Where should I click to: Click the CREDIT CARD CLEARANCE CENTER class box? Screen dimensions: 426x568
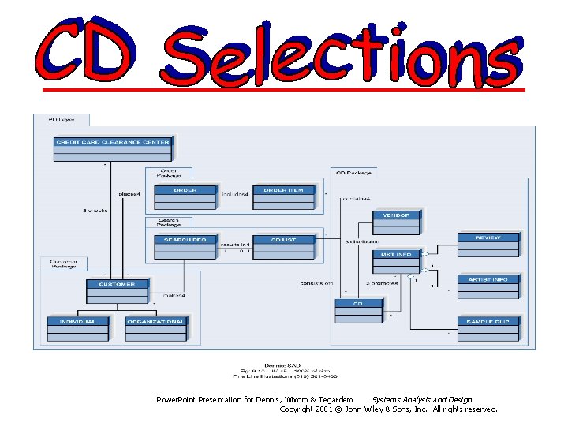point(112,148)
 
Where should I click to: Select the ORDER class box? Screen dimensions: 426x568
point(185,197)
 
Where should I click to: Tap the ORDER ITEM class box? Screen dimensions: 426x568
point(285,197)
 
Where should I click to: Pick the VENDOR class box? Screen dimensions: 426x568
point(397,221)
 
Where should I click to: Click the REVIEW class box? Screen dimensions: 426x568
point(488,244)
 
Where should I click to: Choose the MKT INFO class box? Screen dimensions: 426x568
point(397,261)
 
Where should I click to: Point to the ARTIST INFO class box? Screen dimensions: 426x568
point(488,286)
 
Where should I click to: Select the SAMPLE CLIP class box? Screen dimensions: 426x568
point(488,328)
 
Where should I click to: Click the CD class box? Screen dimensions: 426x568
point(357,310)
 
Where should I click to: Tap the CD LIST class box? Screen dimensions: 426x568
point(285,247)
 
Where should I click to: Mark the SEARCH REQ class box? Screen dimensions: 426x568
point(185,247)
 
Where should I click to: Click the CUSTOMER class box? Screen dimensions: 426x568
point(117,291)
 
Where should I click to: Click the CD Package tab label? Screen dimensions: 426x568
point(353,171)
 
